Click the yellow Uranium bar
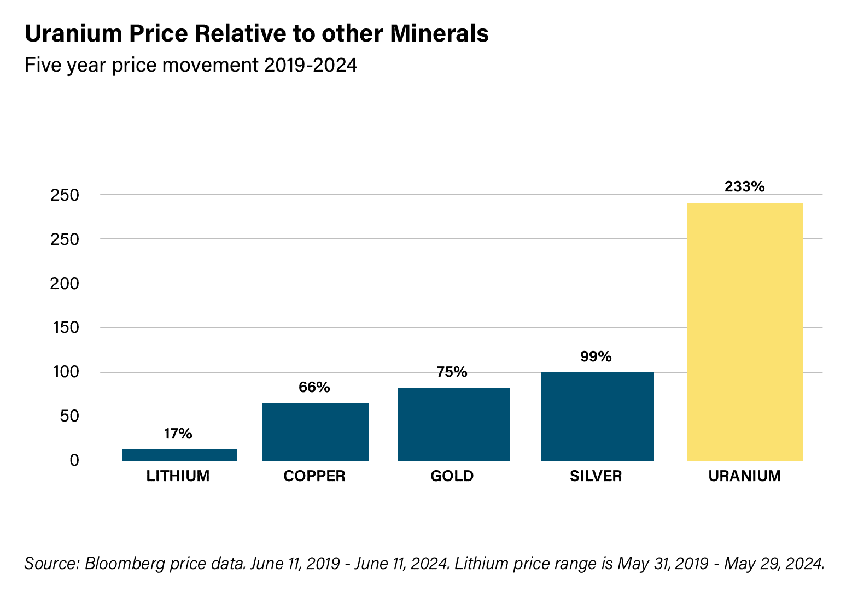pos(744,332)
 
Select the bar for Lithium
pos(179,455)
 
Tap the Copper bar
pos(316,432)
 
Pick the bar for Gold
pos(453,424)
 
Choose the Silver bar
pos(597,417)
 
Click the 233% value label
pos(744,187)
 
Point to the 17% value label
pos(178,434)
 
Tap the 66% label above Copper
pos(314,388)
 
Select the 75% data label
pos(452,372)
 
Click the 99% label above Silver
pos(596,357)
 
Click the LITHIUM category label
pos(178,476)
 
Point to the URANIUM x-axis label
pos(744,476)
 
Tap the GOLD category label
pos(452,476)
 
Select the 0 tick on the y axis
pos(74,461)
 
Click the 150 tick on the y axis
pos(65,328)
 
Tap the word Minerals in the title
pos(439,34)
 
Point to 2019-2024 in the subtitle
pos(310,66)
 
